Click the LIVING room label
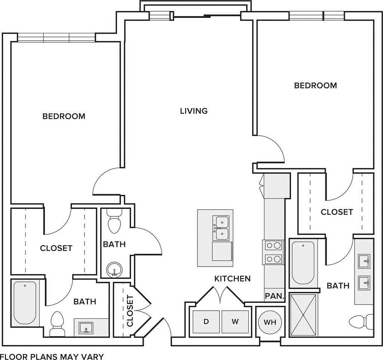[x=194, y=111]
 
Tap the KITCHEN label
[x=233, y=279]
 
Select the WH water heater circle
[x=270, y=322]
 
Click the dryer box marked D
[x=206, y=321]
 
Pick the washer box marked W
[x=235, y=321]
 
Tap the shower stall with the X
[x=303, y=316]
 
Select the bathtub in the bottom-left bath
[x=25, y=303]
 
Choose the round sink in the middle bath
[x=114, y=270]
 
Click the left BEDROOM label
[x=64, y=116]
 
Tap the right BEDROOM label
[x=315, y=86]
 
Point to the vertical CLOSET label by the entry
[x=130, y=311]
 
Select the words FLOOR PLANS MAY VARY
[x=52, y=356]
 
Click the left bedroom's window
[x=56, y=37]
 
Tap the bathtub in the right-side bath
[x=303, y=263]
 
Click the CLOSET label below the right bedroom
[x=337, y=212]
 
